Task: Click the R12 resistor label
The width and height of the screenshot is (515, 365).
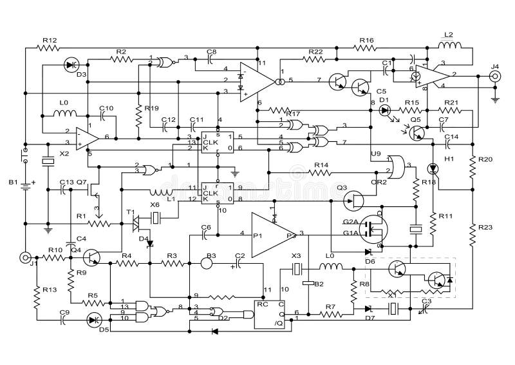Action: coord(50,40)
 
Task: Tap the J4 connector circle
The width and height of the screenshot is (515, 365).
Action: coord(495,76)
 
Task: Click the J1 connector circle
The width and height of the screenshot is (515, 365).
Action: coord(26,257)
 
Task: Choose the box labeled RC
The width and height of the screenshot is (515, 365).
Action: coord(270,313)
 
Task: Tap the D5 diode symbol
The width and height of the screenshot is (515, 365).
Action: coord(95,319)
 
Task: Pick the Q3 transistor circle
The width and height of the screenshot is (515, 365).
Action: coord(353,200)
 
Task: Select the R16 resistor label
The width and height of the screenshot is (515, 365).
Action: coord(366,40)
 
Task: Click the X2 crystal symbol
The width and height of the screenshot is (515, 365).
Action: coord(47,162)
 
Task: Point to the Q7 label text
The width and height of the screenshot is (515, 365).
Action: coord(82,182)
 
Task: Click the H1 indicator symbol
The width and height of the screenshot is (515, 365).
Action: coord(433,168)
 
